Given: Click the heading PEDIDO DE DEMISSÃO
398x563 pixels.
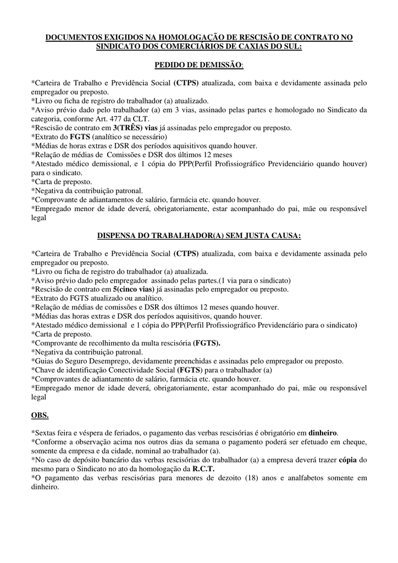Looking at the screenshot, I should click(x=198, y=65).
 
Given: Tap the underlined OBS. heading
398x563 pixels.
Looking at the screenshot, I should click(x=40, y=413).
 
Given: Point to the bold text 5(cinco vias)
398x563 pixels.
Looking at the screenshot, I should click(x=134, y=289).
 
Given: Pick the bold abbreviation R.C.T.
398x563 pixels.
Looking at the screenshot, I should click(x=203, y=468).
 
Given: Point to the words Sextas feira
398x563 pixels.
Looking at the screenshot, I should click(x=53, y=432).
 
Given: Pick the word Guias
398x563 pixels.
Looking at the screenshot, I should click(x=44, y=361).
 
